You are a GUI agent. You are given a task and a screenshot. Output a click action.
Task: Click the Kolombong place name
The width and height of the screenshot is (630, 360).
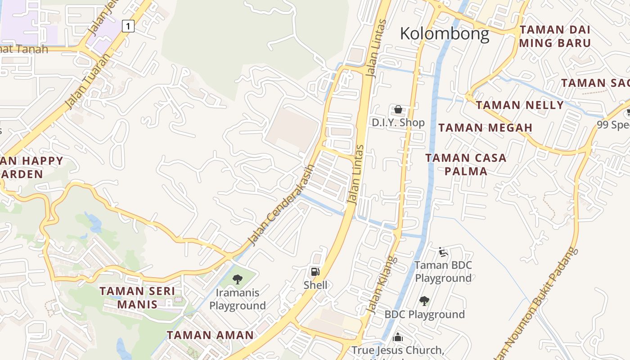[x=444, y=34]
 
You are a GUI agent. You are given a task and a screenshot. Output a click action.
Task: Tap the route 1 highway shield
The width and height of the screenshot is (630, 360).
[x=128, y=27]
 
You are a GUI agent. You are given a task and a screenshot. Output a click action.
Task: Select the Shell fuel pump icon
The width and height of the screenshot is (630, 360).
[x=315, y=271]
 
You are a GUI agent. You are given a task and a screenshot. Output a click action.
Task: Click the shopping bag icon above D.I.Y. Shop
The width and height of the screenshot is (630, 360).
[x=398, y=109]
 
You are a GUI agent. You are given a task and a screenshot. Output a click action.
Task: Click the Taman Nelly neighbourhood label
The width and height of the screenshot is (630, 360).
[x=520, y=105]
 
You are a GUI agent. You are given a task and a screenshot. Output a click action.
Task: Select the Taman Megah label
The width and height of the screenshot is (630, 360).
[x=486, y=128]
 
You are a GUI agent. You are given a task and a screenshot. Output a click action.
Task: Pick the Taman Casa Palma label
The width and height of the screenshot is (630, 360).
[x=466, y=164]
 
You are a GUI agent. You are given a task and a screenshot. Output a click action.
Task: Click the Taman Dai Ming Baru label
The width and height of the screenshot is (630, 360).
[x=555, y=36]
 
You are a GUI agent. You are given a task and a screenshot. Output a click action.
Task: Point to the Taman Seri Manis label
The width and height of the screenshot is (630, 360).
[x=137, y=297]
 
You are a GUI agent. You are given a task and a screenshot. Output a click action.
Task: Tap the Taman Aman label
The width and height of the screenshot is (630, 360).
[x=210, y=335]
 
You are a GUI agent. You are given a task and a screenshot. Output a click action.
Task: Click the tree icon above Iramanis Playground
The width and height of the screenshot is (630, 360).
[x=237, y=279]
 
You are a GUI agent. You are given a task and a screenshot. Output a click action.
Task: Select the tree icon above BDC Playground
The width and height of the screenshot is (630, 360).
[x=424, y=301]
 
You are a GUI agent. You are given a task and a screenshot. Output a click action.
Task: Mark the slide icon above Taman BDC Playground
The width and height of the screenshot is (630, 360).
[x=443, y=252]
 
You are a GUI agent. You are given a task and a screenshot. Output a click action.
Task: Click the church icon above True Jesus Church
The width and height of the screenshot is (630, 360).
[x=398, y=337]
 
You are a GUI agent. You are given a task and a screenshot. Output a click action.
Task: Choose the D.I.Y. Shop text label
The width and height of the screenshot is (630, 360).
[x=398, y=122]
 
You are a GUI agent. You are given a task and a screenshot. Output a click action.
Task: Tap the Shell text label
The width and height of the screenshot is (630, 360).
[x=315, y=285]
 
